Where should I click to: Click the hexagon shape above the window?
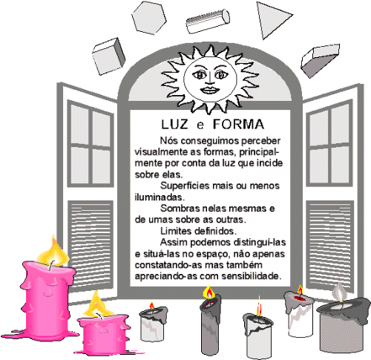tap(149, 18)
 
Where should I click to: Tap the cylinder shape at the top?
tap(208, 22)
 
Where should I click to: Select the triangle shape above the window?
tap(272, 19)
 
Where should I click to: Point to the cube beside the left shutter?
tap(108, 56)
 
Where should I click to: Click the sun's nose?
tap(209, 79)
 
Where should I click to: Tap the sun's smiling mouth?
tap(210, 90)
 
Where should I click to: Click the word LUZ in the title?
tap(174, 125)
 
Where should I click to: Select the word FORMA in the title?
tap(239, 124)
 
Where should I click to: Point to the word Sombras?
tap(180, 209)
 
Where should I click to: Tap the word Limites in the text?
tap(176, 231)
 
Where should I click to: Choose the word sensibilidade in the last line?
tap(252, 276)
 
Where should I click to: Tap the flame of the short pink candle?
tap(97, 305)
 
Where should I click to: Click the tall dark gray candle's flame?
tap(209, 292)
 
